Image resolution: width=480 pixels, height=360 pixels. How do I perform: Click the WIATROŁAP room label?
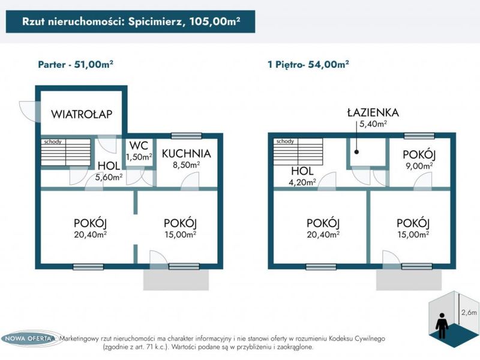click(82, 114)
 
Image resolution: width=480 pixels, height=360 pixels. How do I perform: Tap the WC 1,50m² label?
click(139, 151)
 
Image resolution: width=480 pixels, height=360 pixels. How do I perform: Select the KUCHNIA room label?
click(187, 154)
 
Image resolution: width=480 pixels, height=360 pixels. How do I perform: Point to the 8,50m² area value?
click(187, 165)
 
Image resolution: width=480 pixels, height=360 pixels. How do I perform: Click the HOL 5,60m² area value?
click(109, 177)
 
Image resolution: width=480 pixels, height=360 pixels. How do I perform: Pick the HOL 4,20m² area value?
click(302, 182)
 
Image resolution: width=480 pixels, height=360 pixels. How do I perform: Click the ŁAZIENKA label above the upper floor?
click(373, 113)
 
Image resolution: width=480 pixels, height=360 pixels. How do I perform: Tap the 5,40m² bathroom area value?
click(373, 124)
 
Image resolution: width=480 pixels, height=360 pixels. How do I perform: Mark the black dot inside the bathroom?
click(356, 152)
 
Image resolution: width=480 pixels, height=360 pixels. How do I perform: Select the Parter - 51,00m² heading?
click(76, 65)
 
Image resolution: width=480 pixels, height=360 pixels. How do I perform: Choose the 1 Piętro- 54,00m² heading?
click(308, 65)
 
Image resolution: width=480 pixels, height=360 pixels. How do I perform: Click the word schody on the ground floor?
click(53, 142)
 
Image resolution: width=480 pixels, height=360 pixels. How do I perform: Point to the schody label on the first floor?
click(285, 142)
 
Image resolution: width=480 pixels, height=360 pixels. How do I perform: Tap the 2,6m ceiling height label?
click(469, 313)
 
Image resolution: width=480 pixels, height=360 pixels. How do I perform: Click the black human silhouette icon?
click(442, 325)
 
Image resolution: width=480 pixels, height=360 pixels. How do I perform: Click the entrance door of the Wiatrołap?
click(29, 112)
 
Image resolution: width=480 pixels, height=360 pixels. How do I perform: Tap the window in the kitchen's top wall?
click(186, 136)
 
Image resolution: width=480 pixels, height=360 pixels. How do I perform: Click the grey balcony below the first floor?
click(409, 280)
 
